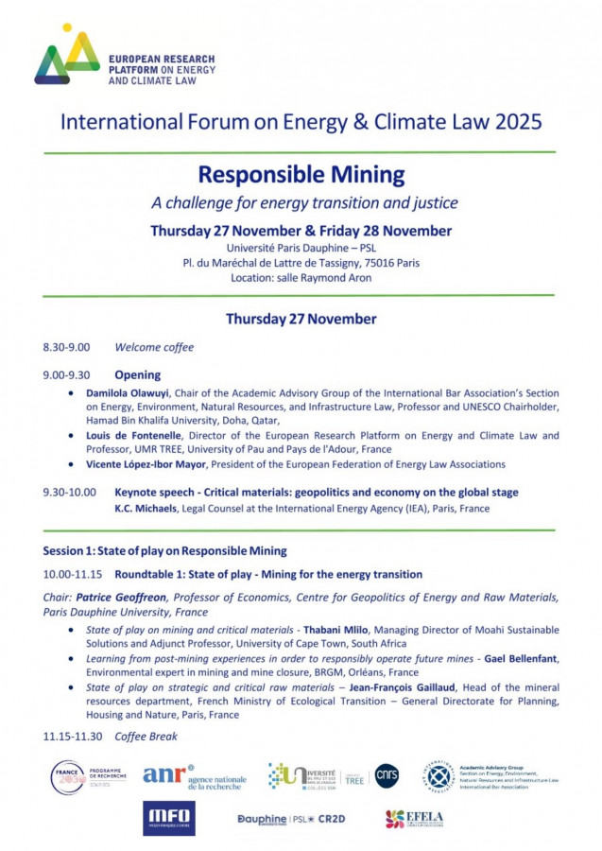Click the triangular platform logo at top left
pos(67,57)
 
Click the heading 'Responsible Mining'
pos(301,175)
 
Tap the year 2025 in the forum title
pos(516,121)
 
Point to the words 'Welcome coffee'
pos(154,347)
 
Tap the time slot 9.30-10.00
pos(71,493)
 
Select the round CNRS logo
pos(387,775)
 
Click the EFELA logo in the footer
pos(414,819)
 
